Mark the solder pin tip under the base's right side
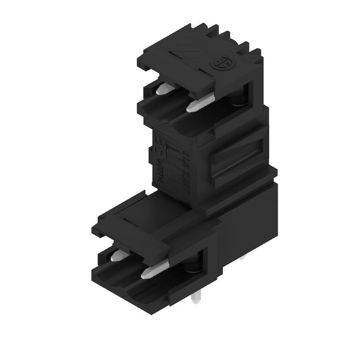[243, 258]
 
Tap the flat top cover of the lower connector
[148, 211]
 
